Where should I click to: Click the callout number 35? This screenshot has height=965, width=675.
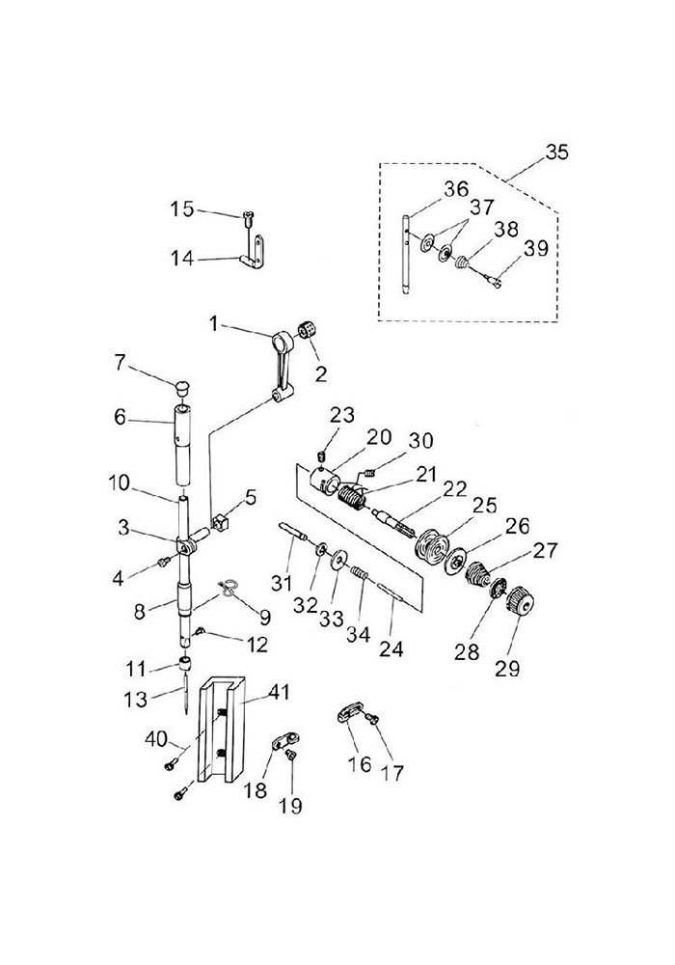tap(557, 152)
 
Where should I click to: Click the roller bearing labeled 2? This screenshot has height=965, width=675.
tap(307, 330)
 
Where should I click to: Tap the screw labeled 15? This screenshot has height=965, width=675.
tap(249, 215)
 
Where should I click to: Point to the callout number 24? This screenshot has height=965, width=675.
tap(391, 647)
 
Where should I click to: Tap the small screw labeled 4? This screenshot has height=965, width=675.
tap(164, 561)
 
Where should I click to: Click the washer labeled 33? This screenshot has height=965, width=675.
tap(338, 561)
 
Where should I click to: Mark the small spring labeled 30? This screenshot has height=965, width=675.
tap(370, 473)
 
